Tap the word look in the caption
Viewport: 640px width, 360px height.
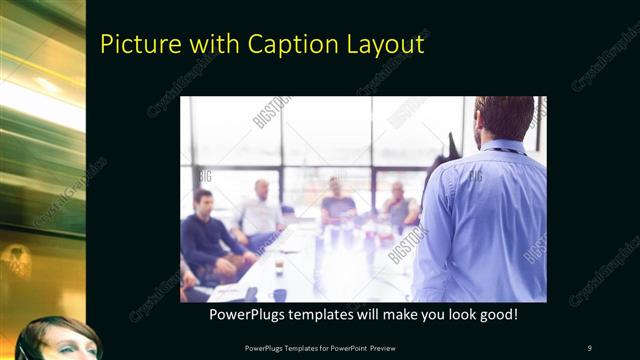point(452,315)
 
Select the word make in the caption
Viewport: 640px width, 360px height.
point(386,315)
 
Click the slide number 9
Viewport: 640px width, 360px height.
point(589,348)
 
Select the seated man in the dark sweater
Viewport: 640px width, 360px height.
point(205,235)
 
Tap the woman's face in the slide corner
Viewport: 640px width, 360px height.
point(61,341)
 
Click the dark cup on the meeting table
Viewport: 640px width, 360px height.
point(280,294)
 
